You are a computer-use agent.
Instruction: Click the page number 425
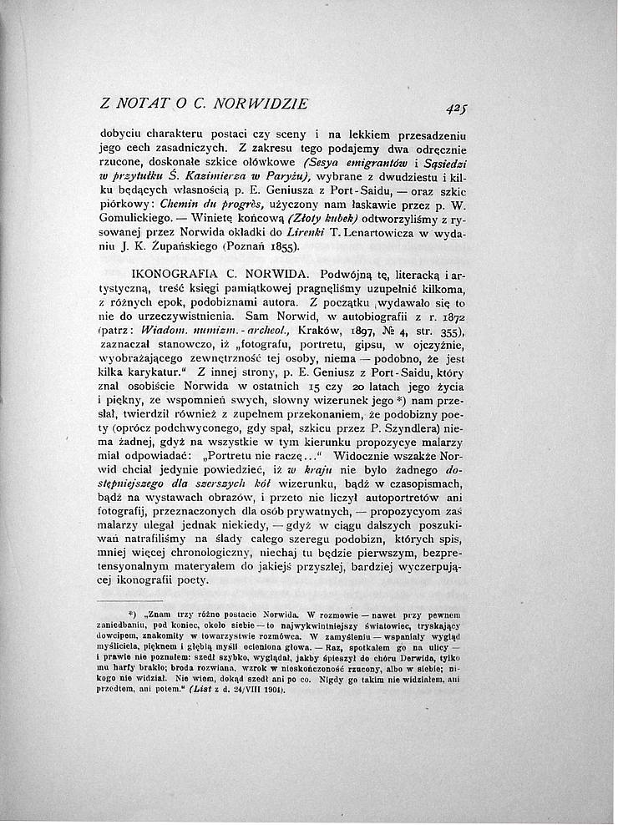pos(455,107)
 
